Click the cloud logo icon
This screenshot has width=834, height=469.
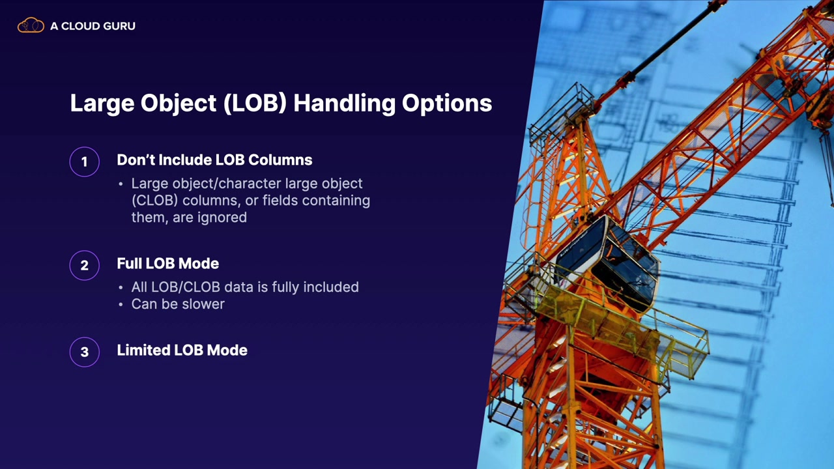pos(31,25)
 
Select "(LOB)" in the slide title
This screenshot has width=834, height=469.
pos(255,103)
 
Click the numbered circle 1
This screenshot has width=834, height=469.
pos(85,162)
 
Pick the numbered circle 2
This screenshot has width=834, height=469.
pos(85,265)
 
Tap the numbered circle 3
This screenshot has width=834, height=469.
pos(85,352)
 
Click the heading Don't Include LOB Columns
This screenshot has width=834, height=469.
pos(214,160)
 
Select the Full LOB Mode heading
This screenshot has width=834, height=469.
pos(168,264)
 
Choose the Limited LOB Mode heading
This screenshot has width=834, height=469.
pos(182,350)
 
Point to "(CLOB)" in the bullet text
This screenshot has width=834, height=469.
pos(154,201)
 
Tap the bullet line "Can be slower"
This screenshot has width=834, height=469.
pos(178,304)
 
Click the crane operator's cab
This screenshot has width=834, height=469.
pos(606,261)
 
